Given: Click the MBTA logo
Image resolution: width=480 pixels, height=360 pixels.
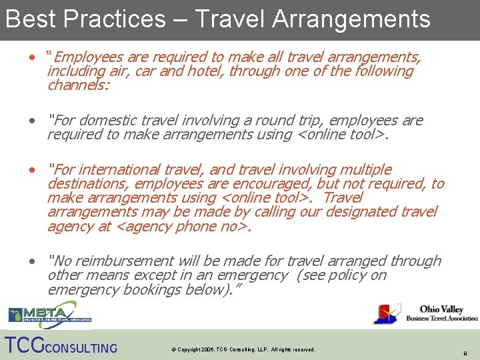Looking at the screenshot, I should [x=42, y=314].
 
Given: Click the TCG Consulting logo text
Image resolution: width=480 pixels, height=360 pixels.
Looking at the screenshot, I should [x=60, y=346].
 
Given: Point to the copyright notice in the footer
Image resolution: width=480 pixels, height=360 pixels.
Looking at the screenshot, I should [x=243, y=349].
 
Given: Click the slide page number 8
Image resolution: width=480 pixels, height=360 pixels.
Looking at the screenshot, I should [x=466, y=353].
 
